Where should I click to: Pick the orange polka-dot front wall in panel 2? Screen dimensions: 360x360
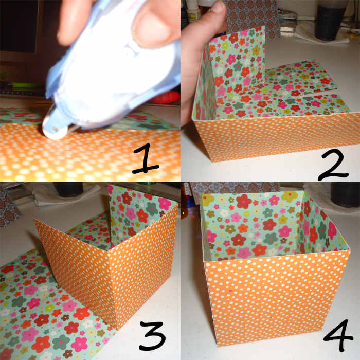click(267, 139)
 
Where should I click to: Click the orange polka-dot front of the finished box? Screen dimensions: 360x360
click(278, 298)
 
